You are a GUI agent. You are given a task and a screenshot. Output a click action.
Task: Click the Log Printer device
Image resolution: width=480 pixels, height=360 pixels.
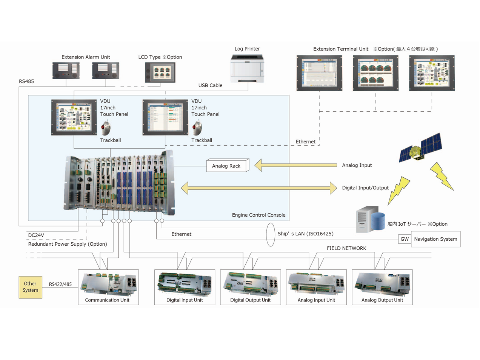pos(247,68)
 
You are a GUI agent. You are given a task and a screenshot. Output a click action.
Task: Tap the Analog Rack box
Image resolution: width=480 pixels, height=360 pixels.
pos(226,166)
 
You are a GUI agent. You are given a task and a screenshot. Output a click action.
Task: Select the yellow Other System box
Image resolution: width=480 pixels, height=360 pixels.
pos(31,287)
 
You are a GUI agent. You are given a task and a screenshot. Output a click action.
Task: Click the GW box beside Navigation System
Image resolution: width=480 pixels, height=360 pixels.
pos(405,239)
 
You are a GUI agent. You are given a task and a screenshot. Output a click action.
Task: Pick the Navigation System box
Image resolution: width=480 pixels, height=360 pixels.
pos(435,239)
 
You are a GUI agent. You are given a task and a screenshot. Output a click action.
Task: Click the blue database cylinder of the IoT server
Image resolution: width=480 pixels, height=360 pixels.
pos(377,221)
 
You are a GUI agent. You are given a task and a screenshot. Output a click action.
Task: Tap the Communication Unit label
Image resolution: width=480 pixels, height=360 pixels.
pos(107,300)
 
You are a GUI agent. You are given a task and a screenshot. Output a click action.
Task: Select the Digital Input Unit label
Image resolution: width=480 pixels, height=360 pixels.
pos(185,300)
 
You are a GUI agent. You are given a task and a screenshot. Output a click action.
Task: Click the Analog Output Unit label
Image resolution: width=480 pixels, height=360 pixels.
pos(382,300)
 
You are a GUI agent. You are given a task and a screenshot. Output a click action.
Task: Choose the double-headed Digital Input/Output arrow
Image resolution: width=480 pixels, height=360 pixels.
pos(259,188)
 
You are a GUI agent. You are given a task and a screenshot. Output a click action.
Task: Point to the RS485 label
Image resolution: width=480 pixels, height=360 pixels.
pos(26,82)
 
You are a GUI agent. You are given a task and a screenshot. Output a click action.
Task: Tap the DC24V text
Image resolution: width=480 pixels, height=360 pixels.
pos(36,235)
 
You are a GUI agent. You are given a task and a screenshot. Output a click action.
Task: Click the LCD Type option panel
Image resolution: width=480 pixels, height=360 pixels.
pos(160,72)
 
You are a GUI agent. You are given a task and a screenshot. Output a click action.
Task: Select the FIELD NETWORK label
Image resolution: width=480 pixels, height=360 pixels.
pos(346,248)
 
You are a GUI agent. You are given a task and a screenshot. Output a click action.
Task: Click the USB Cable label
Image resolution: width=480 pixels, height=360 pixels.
pos(210,86)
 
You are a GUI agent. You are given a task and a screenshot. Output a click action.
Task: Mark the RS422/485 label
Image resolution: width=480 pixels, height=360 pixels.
pos(60,285)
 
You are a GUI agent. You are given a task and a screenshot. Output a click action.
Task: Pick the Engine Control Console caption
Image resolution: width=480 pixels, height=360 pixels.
pos(258,215)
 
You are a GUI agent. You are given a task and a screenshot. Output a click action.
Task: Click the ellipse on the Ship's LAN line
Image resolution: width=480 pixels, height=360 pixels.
pos(271,234)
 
